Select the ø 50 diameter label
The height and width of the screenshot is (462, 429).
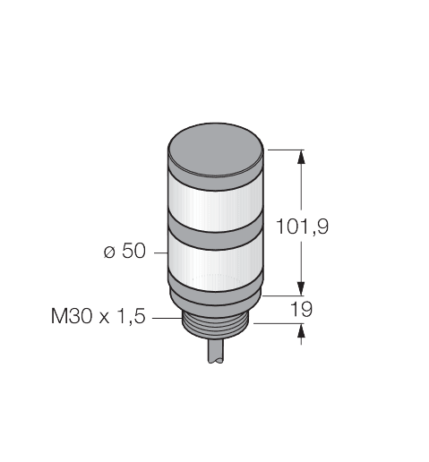click(x=124, y=253)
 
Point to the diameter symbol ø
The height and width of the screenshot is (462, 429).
click(x=108, y=254)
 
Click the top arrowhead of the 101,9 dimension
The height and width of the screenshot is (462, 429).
click(x=300, y=157)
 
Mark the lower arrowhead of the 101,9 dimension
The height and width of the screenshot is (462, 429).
click(x=300, y=287)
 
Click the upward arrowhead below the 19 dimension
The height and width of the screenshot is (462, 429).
click(x=300, y=332)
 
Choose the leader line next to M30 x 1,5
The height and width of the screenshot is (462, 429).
click(x=167, y=316)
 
